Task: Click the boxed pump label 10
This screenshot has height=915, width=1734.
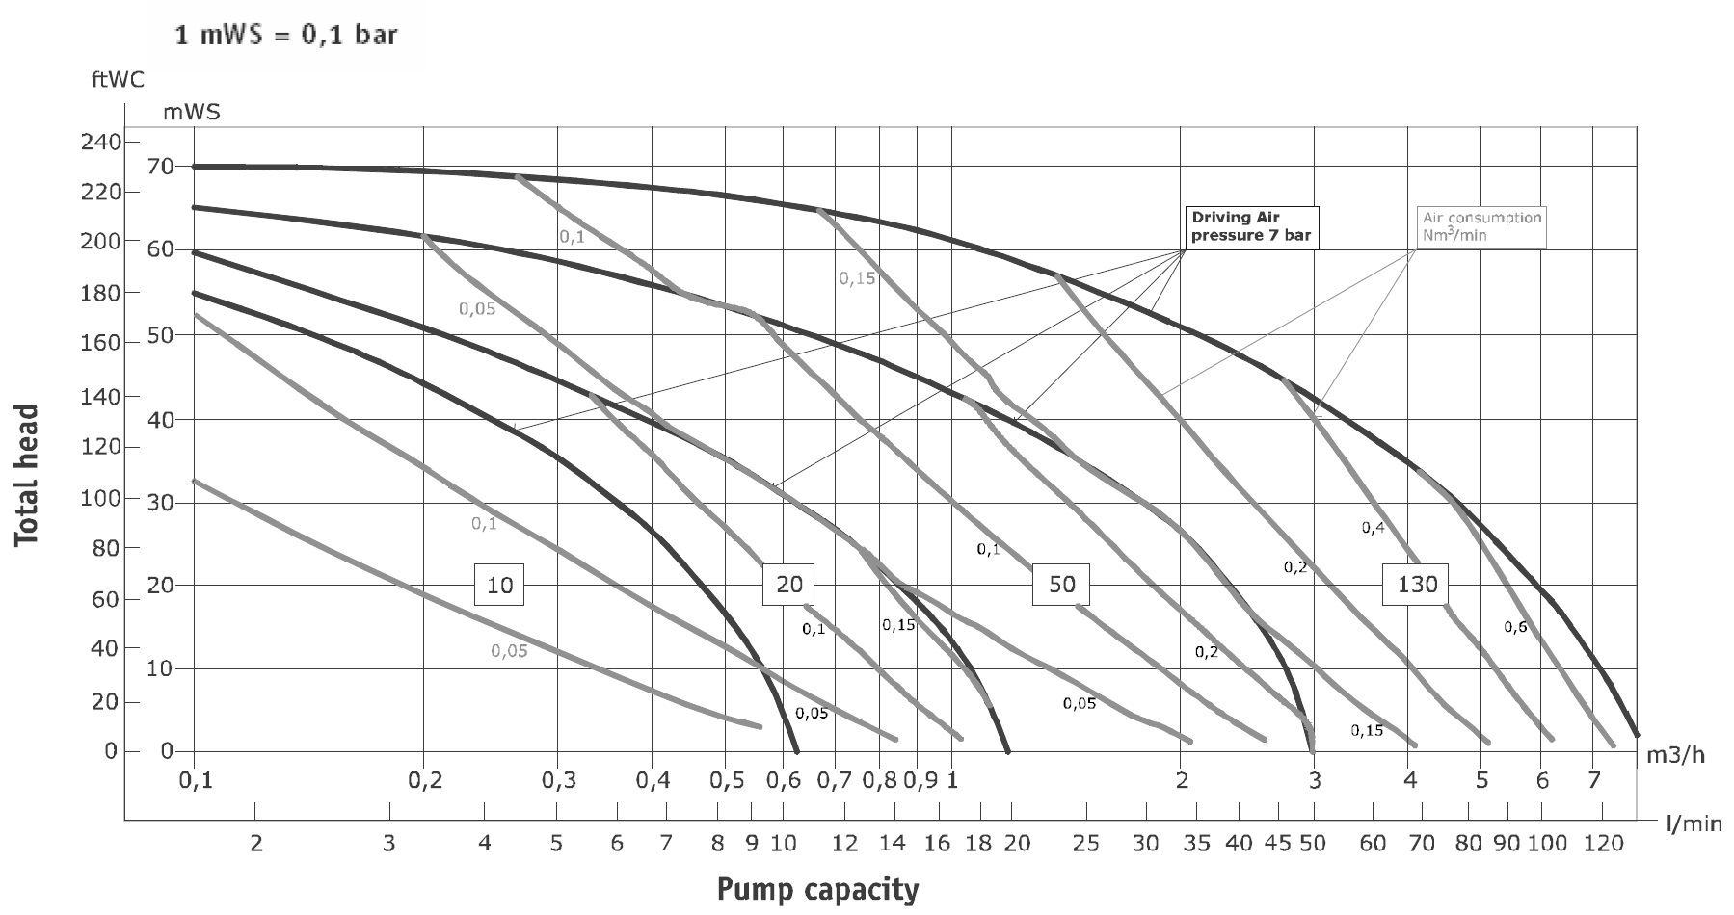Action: pos(499,585)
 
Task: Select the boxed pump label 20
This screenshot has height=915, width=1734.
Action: pos(788,584)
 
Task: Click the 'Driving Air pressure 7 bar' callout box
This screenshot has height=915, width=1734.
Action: pos(1251,227)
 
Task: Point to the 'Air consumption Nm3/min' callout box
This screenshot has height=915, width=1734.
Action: pos(1481,227)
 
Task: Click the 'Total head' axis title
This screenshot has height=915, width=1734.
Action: pos(27,475)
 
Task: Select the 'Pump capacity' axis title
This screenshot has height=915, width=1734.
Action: pos(817,889)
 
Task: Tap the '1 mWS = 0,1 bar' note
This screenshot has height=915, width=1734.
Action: pos(285,37)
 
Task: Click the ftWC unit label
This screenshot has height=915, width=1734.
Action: pos(118,80)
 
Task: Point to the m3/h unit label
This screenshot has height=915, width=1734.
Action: pos(1674,754)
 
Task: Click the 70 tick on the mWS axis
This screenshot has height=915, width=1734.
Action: pos(161,167)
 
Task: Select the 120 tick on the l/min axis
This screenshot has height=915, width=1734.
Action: pos(1602,845)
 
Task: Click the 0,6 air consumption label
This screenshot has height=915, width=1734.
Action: pos(1515,627)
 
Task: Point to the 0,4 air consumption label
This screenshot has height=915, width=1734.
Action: pos(1373,527)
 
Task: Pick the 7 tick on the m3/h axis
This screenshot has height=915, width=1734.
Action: pos(1593,781)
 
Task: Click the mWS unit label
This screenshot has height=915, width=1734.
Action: pos(192,112)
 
